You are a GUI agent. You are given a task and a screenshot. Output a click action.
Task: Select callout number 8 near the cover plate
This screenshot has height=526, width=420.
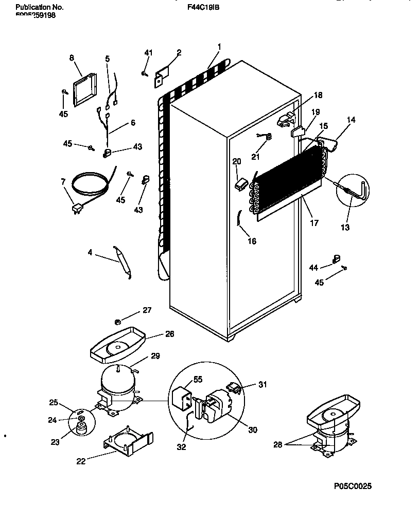pyautogui.click(x=72, y=58)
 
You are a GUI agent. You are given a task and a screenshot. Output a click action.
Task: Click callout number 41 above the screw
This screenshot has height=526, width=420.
pyautogui.click(x=148, y=53)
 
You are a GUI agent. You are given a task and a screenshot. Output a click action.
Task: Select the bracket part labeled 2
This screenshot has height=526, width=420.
pyautogui.click(x=162, y=73)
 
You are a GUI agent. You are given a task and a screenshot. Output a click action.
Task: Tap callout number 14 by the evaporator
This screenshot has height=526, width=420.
pyautogui.click(x=351, y=120)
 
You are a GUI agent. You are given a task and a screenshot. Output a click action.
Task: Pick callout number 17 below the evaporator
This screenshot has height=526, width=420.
pyautogui.click(x=314, y=223)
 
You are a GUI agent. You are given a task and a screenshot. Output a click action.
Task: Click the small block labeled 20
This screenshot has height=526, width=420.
pyautogui.click(x=240, y=182)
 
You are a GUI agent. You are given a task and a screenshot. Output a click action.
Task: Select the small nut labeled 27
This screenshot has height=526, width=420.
pyautogui.click(x=117, y=322)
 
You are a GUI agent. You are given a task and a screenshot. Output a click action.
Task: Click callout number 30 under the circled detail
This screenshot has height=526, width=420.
pyautogui.click(x=252, y=430)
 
